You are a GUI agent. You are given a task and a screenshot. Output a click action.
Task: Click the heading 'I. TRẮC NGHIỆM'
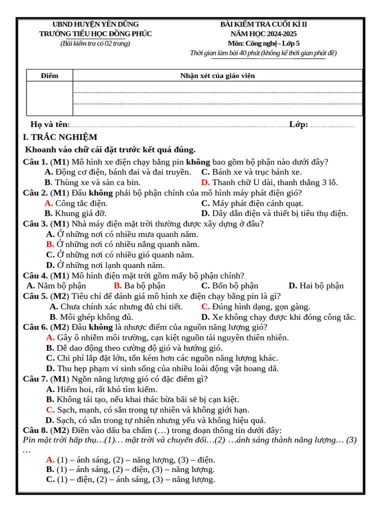[60, 137]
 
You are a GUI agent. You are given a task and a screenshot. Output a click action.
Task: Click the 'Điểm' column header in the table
[49, 75]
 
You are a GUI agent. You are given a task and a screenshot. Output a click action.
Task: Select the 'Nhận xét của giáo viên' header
[217, 75]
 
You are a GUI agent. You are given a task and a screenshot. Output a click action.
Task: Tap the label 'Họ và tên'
[49, 124]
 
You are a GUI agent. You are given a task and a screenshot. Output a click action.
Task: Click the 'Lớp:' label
[298, 124]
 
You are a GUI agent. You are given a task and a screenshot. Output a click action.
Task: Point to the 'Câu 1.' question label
[35, 161]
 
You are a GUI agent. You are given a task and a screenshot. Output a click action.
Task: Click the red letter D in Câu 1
[205, 182]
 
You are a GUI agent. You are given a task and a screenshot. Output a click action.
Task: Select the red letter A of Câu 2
[48, 203]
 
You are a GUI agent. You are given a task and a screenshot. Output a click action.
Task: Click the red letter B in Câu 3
[50, 244]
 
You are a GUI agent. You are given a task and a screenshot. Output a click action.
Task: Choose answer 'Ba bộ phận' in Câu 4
[145, 285]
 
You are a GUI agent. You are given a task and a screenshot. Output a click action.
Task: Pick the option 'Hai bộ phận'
[321, 285]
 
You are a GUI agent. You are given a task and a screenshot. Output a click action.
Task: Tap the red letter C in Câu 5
[205, 306]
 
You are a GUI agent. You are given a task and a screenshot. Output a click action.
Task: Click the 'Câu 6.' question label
[35, 327]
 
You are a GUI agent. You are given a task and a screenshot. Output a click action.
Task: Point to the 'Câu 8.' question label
[35, 430]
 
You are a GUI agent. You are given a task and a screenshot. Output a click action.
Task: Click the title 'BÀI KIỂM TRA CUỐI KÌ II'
[264, 24]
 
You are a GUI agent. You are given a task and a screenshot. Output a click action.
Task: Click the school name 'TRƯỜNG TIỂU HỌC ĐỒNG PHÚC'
[95, 33]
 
